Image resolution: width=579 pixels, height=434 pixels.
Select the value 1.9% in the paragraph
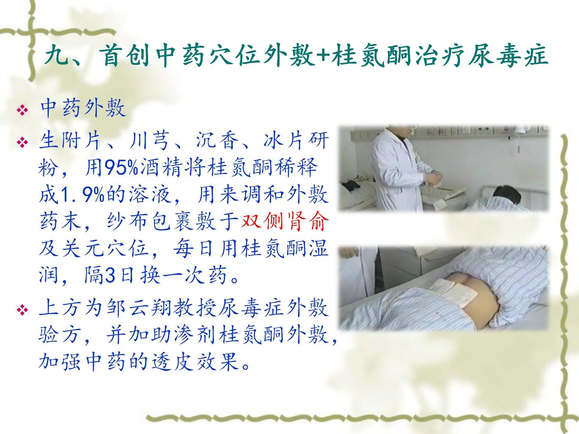82,195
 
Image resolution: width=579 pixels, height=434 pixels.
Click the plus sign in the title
322,56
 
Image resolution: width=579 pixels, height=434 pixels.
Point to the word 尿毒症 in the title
508,56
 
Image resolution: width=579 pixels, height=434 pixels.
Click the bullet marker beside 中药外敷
22,110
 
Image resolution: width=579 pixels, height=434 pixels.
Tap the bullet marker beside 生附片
22,142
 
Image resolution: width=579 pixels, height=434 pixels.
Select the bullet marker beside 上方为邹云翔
22,310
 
